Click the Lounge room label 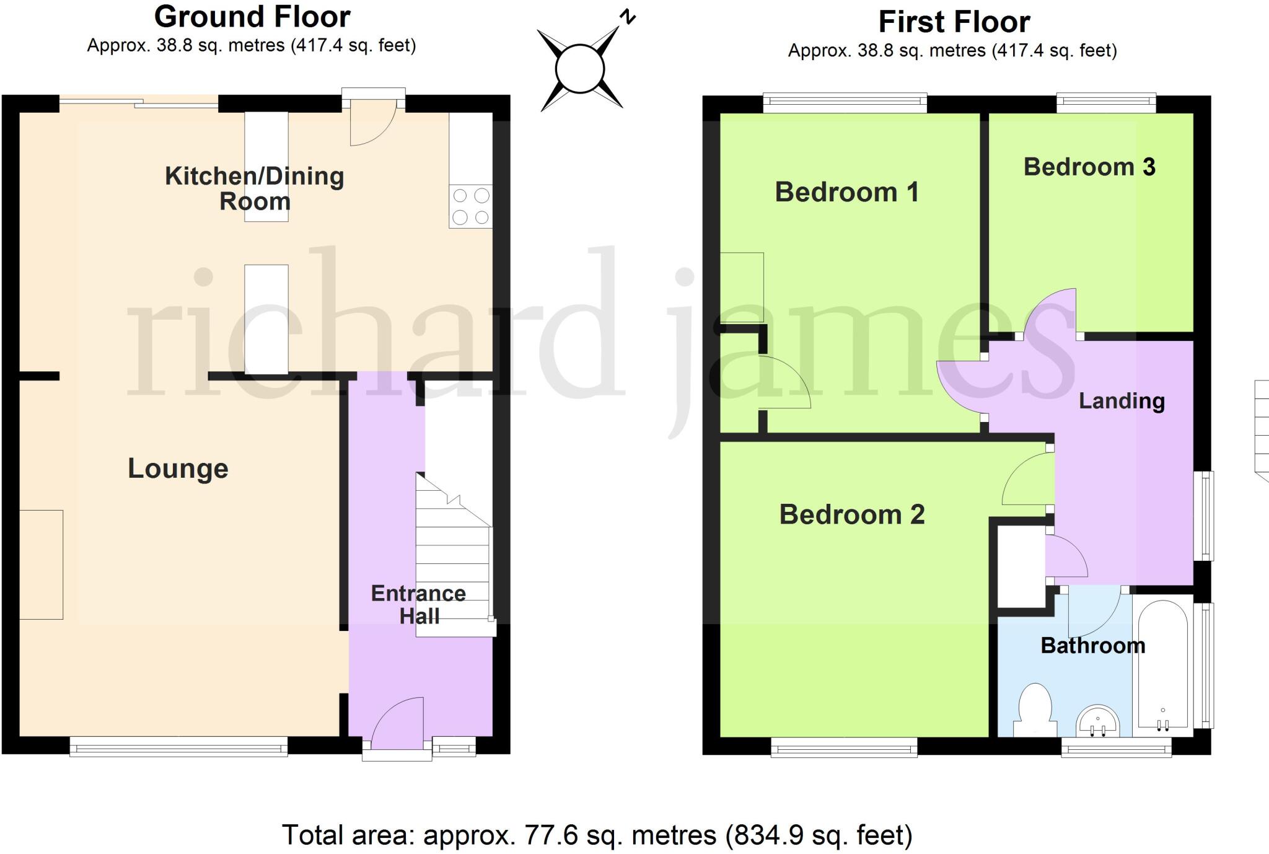(178, 469)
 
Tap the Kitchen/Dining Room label (254, 188)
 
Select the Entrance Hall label (418, 604)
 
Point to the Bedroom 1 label (846, 192)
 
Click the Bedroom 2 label (852, 514)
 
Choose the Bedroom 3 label (1089, 167)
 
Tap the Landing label (1122, 401)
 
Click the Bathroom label (1092, 646)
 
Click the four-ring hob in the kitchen (470, 206)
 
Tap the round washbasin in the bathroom (1097, 721)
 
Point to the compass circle (580, 69)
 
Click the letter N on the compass (628, 17)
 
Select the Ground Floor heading (252, 17)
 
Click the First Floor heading (954, 22)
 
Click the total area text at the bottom (597, 835)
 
